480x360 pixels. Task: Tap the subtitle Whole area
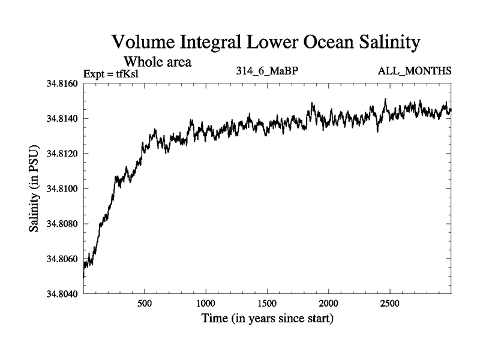(x=158, y=61)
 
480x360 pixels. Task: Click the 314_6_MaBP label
(x=267, y=71)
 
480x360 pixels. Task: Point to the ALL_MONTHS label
(x=414, y=71)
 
